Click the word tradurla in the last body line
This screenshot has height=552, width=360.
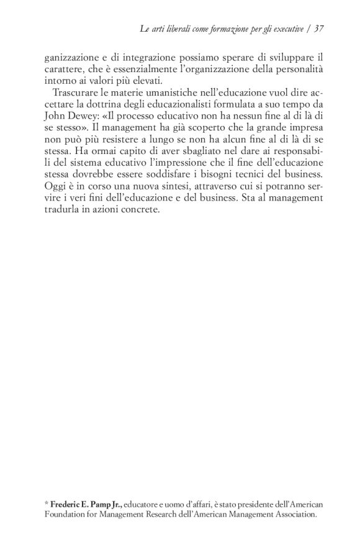click(x=61, y=210)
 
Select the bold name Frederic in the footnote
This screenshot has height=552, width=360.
click(x=67, y=502)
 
